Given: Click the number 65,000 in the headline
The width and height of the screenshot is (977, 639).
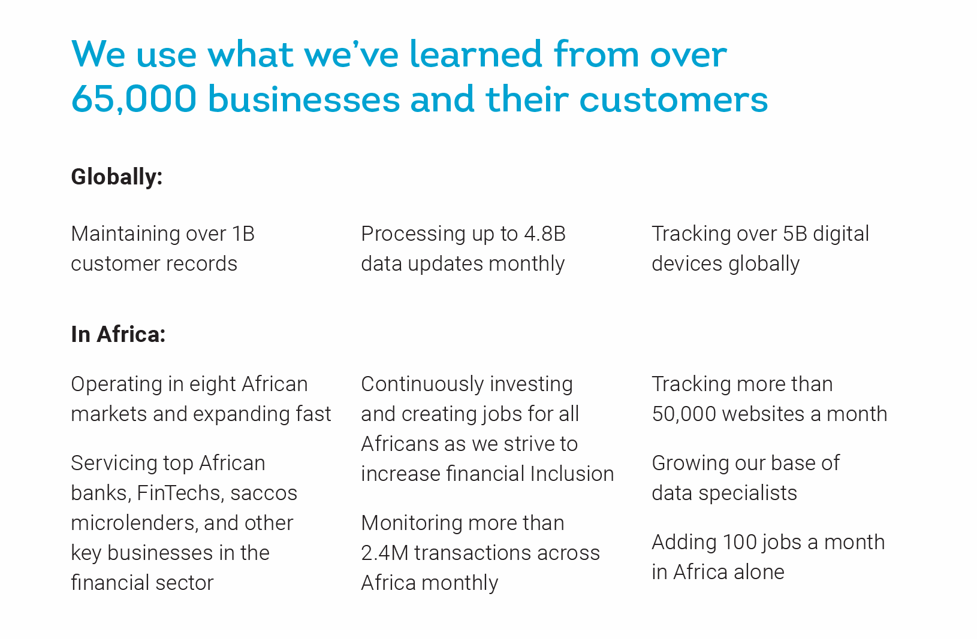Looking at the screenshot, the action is (134, 99).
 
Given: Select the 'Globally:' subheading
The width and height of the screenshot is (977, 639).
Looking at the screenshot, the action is (117, 177).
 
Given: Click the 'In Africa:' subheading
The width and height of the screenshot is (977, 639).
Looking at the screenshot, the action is (118, 334).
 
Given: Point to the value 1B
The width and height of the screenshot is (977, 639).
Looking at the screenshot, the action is (243, 234).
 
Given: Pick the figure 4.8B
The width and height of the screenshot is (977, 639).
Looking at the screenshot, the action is (545, 234).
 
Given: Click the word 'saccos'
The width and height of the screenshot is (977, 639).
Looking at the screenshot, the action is (264, 493).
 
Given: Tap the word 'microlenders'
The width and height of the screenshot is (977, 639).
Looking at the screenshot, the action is (134, 523).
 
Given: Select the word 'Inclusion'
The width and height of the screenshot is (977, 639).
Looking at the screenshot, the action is (572, 474).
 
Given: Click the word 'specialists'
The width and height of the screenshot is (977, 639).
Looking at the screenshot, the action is (747, 493).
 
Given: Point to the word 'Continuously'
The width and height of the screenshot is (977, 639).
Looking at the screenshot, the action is (423, 385).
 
